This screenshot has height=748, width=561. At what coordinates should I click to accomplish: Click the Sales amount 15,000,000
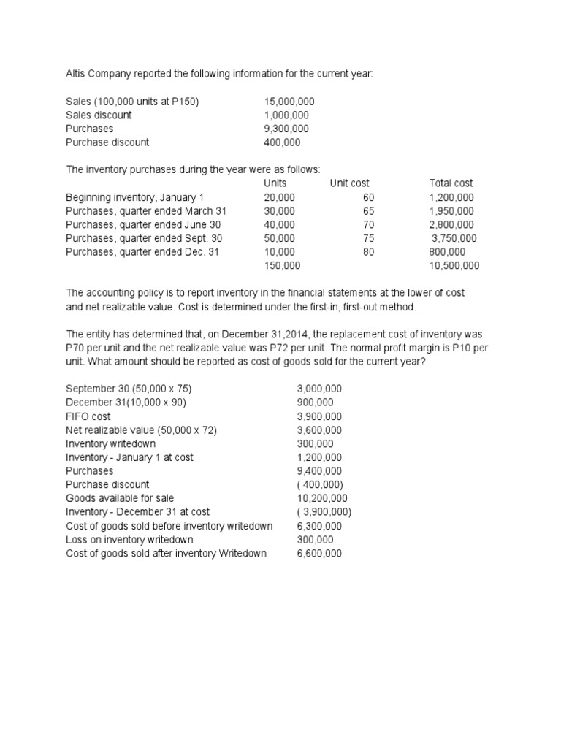(x=289, y=102)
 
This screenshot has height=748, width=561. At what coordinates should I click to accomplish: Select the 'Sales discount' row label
(x=99, y=115)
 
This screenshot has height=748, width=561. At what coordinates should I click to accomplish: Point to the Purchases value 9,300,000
(x=286, y=129)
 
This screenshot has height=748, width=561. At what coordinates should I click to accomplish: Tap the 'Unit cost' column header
(x=349, y=183)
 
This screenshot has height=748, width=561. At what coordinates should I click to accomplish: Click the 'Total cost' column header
(x=451, y=183)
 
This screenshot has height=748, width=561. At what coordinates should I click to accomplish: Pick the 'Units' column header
(x=275, y=183)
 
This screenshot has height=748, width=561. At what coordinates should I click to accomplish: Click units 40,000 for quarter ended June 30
(x=280, y=224)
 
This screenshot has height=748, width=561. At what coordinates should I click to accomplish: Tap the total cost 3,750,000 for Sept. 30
(x=454, y=238)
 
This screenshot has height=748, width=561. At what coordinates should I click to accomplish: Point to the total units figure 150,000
(x=282, y=266)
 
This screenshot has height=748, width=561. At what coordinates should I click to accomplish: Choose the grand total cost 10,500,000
(x=454, y=266)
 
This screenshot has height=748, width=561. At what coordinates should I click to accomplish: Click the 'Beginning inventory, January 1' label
(x=135, y=197)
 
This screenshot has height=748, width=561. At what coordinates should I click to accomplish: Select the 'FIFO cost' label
(x=88, y=416)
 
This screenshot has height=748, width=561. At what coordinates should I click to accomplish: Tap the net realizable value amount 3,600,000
(x=319, y=430)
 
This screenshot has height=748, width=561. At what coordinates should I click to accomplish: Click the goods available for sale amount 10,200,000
(x=322, y=498)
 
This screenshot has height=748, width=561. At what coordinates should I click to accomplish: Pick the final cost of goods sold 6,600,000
(x=319, y=554)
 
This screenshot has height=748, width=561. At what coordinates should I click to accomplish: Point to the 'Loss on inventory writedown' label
(x=129, y=540)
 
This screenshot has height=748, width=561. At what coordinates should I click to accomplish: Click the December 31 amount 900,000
(x=316, y=402)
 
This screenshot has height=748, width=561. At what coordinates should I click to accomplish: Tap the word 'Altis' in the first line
(x=77, y=75)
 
